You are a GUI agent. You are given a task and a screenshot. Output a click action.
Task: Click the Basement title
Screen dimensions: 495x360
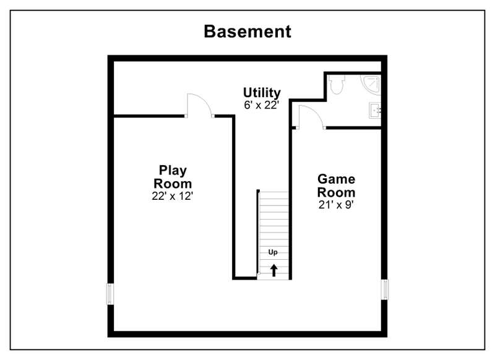click(247, 32)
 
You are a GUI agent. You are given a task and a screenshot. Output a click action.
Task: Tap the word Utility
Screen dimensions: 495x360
click(262, 93)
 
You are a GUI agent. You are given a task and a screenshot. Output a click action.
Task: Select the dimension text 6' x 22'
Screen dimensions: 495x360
click(262, 105)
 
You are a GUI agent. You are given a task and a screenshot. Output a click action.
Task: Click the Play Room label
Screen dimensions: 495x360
click(173, 177)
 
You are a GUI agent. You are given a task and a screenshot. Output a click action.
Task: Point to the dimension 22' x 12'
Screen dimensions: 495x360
click(173, 196)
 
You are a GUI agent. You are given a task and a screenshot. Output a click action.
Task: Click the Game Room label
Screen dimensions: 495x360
click(336, 186)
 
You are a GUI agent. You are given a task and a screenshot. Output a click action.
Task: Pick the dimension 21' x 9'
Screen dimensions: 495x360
click(336, 205)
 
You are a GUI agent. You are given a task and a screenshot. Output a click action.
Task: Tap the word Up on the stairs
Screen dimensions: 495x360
click(273, 252)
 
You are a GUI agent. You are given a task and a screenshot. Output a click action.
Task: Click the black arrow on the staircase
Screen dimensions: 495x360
click(273, 270)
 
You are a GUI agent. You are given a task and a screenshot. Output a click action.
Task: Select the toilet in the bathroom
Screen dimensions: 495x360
click(336, 85)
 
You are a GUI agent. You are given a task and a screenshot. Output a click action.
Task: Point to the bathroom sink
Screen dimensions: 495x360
click(375, 111)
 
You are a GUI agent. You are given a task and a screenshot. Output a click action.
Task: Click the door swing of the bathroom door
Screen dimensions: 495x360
click(311, 117)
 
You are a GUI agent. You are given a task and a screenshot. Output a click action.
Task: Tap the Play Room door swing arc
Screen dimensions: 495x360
click(199, 105)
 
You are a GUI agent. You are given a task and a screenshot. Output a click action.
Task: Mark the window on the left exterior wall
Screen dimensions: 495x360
click(110, 294)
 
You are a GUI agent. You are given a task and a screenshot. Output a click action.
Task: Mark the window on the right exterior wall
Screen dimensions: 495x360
click(384, 289)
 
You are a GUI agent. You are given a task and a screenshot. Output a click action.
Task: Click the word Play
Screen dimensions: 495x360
click(173, 171)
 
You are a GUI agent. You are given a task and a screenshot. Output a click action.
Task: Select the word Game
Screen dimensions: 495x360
click(336, 179)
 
